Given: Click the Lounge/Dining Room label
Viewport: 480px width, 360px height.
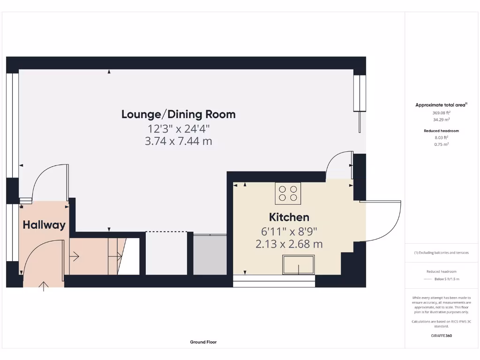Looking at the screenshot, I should (x=178, y=114).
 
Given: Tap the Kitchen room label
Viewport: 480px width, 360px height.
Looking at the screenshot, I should (x=289, y=217).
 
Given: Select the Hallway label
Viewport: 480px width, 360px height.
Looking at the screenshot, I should (x=44, y=225).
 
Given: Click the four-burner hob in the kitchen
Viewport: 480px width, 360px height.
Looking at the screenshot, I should (x=287, y=193).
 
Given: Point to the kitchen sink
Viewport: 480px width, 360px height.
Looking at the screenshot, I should (x=298, y=265).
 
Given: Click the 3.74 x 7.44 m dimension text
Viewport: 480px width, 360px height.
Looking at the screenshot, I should (x=178, y=141).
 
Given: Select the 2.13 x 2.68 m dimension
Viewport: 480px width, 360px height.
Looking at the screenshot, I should (x=289, y=244).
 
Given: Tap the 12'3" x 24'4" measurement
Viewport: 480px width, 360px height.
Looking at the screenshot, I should (x=178, y=127).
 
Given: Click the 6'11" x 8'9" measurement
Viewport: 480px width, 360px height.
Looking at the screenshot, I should (x=289, y=231).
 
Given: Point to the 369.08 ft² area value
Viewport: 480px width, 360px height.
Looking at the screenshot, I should (x=441, y=112).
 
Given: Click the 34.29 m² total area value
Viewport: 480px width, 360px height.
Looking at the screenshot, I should (x=441, y=119).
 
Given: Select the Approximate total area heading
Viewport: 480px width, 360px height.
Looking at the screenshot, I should (x=441, y=105).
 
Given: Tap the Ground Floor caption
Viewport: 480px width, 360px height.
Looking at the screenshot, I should (x=203, y=342).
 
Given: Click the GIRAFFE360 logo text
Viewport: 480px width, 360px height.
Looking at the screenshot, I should (x=442, y=336).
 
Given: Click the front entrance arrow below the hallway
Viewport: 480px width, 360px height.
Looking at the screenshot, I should (x=44, y=285).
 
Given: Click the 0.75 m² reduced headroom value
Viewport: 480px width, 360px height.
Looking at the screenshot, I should (x=441, y=144).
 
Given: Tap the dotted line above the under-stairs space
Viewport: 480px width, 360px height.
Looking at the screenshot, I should (x=166, y=232).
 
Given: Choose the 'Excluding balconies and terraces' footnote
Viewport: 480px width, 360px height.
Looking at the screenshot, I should (x=441, y=253).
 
